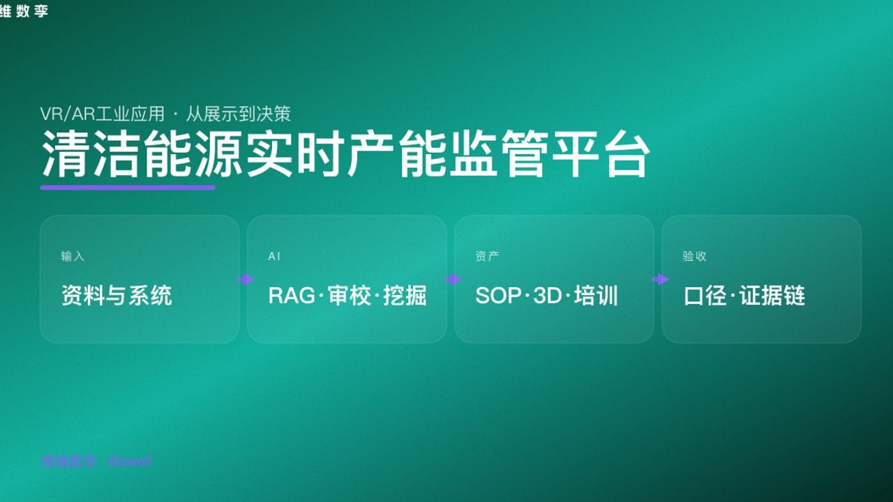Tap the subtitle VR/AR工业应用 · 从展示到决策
click(165, 114)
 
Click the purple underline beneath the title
click(128, 187)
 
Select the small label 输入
click(73, 257)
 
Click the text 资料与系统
click(117, 296)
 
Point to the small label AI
click(274, 257)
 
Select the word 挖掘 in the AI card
click(405, 296)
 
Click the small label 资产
click(487, 257)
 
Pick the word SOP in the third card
click(498, 296)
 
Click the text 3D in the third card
click(547, 296)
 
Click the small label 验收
click(694, 257)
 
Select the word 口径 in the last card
click(705, 296)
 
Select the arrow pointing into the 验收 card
click(660, 280)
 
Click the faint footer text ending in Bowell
click(96, 462)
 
